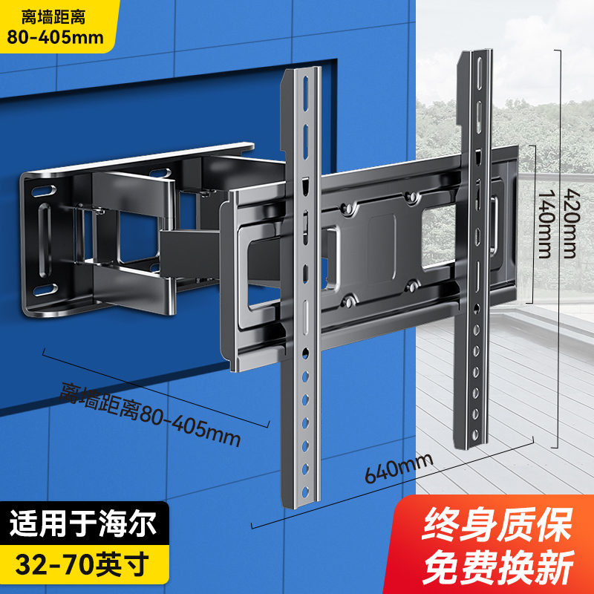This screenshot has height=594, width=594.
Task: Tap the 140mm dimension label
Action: tap(546, 223)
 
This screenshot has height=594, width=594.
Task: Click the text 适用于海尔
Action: tap(83, 525)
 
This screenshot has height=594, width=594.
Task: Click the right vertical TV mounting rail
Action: tap(476, 245)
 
